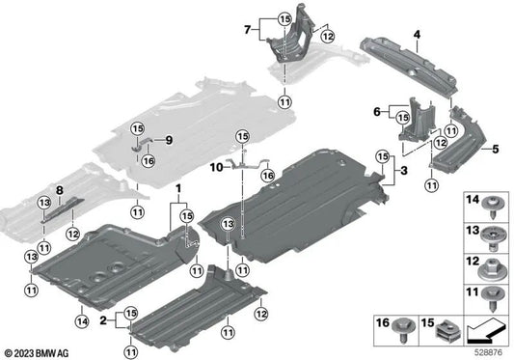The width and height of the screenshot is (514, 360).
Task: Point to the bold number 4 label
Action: click(417, 36)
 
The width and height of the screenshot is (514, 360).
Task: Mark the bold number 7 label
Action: click(248, 30)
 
